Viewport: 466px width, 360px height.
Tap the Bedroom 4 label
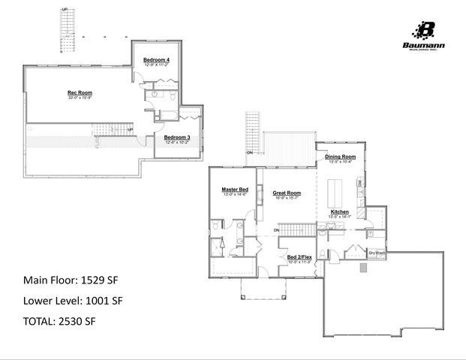[x=157, y=59]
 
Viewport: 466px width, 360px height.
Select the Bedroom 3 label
[x=177, y=136]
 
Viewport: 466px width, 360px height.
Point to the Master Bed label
[x=235, y=190]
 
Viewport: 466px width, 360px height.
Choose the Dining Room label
[x=341, y=157]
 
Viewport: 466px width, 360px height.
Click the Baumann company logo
[x=425, y=32]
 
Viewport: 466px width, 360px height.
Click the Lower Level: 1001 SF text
[x=72, y=300]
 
